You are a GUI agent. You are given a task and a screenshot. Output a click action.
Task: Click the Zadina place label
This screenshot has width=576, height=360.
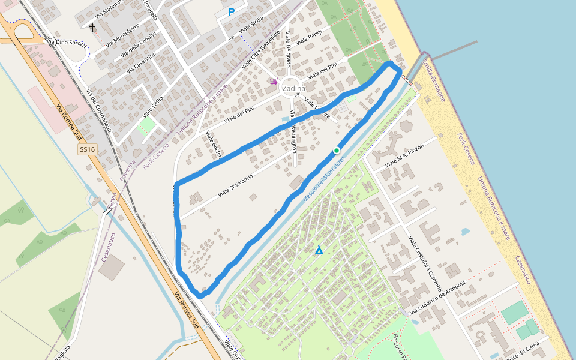click(294, 89)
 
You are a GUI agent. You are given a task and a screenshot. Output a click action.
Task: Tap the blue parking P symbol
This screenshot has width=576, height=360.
click(232, 11)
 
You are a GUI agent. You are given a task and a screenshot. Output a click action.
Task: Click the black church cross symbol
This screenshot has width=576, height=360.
click(92, 27)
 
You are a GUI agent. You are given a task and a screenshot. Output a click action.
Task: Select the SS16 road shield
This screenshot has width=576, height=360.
click(87, 149)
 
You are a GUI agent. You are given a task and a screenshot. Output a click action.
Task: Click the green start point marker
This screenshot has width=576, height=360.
click(337, 150)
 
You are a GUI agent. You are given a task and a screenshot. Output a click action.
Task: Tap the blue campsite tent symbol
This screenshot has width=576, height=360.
click(319, 250)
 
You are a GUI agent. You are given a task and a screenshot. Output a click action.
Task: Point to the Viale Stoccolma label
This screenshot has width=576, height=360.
click(235, 185)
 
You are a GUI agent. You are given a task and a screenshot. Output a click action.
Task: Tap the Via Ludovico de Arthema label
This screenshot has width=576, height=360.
click(439, 298)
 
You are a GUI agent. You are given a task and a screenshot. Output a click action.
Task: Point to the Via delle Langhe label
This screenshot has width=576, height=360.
click(138, 47)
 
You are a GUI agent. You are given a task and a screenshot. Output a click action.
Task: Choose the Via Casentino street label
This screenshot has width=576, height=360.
click(142, 62)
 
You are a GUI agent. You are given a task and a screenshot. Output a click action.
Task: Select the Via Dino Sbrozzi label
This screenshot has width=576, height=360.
click(67, 44)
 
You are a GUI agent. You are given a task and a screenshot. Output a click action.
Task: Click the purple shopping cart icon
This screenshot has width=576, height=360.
click(274, 81)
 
